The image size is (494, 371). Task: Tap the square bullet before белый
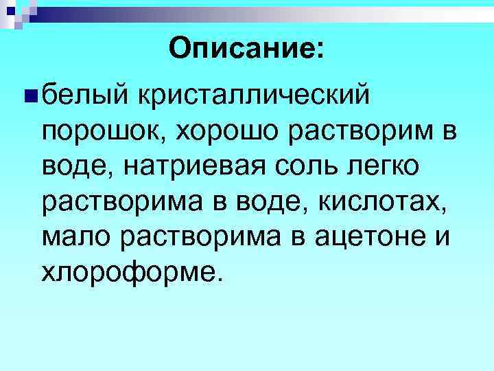(x=27, y=92)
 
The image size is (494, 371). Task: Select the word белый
(x=82, y=92)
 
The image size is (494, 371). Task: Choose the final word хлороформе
(x=131, y=274)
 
